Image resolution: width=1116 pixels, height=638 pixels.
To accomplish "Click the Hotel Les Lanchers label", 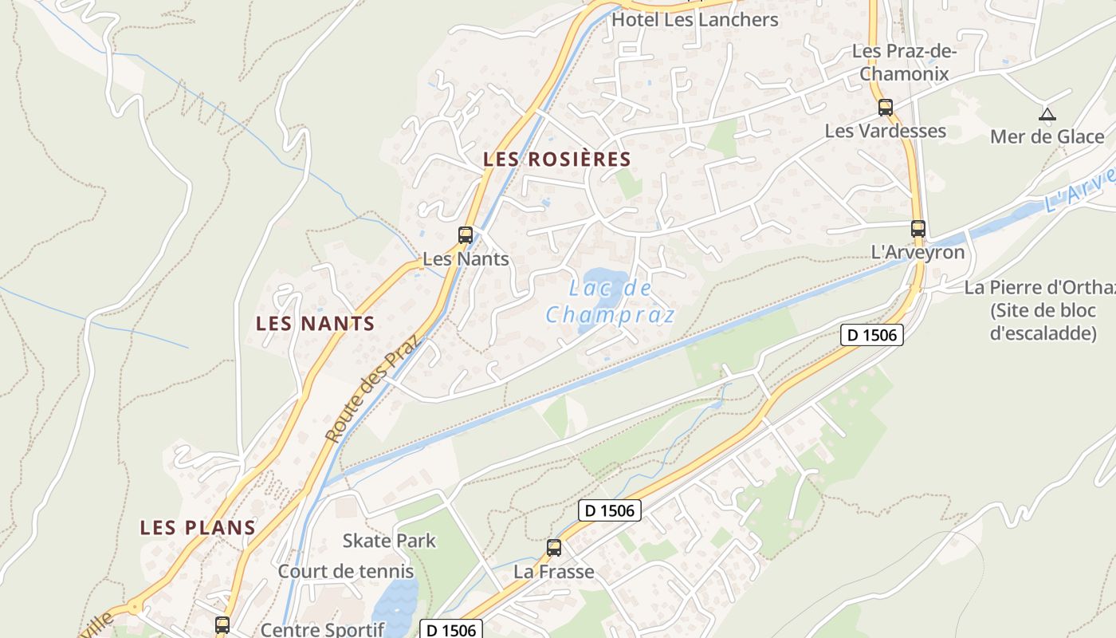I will coord(694,19).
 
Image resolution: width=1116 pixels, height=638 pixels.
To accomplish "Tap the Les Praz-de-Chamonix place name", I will coord(904,62).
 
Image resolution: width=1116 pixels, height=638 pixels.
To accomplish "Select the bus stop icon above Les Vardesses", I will coord(885,108).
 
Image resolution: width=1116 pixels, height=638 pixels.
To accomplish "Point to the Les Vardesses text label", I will coord(885,131).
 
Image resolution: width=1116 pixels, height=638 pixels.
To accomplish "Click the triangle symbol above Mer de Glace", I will coord(1047,115).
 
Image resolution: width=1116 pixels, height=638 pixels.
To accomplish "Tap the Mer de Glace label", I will coord(1047,137).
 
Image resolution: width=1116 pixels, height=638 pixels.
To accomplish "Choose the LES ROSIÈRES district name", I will coord(556,159).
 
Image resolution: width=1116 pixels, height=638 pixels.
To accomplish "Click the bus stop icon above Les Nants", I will coord(466,235).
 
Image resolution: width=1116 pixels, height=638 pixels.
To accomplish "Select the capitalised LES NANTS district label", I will coord(315,324).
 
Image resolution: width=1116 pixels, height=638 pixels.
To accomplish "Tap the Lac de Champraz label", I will coord(611,301).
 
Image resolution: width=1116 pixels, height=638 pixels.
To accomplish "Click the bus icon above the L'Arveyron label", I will coord(918,229).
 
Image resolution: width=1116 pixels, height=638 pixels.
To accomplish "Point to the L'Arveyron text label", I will coord(918,253).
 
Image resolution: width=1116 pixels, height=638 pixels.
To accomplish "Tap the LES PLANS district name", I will coord(198,528).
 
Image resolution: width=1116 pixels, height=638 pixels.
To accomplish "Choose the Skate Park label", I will coord(389,541).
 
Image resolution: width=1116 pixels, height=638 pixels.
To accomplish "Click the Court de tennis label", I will coord(345,571).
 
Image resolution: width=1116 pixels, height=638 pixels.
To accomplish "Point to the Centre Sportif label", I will coord(322,629).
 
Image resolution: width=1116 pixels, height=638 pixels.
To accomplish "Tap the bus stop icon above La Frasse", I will coord(554,548).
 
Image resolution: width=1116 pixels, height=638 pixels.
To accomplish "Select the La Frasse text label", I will coord(554,572).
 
